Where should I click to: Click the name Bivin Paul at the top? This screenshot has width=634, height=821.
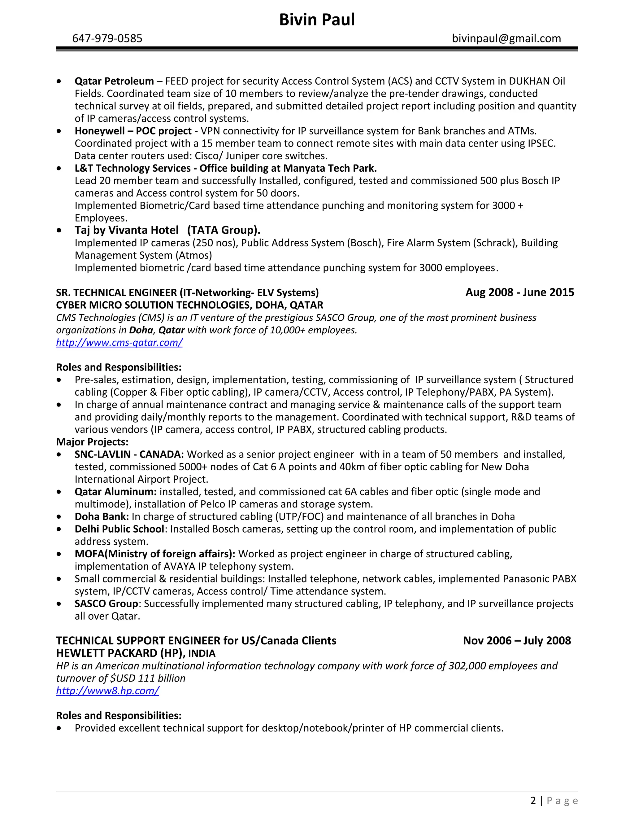[x=317, y=20]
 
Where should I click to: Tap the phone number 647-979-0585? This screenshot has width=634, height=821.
[x=107, y=38]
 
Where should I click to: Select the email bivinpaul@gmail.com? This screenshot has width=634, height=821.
[x=506, y=38]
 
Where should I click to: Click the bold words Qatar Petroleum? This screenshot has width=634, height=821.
[x=114, y=81]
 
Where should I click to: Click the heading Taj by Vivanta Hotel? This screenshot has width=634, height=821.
[x=127, y=230]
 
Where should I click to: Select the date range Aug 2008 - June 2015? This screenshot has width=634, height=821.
[x=519, y=292]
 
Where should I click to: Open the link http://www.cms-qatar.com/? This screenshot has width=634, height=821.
[x=119, y=342]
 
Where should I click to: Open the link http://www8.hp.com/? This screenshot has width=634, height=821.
[x=107, y=691]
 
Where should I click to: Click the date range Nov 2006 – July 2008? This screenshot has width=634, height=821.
[x=517, y=641]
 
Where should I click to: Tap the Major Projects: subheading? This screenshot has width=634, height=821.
[x=92, y=442]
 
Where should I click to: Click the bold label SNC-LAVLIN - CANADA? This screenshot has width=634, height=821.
[x=129, y=454]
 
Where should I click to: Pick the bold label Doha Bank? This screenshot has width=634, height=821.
[x=102, y=516]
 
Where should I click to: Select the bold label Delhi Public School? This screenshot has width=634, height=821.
[x=119, y=529]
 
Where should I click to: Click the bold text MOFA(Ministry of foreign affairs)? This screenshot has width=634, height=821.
[x=155, y=554]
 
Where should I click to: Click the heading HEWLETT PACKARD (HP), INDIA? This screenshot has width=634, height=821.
[x=136, y=653]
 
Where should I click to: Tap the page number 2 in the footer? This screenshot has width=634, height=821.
[x=533, y=801]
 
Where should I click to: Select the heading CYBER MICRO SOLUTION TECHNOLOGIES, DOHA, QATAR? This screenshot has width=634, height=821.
[x=190, y=305]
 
